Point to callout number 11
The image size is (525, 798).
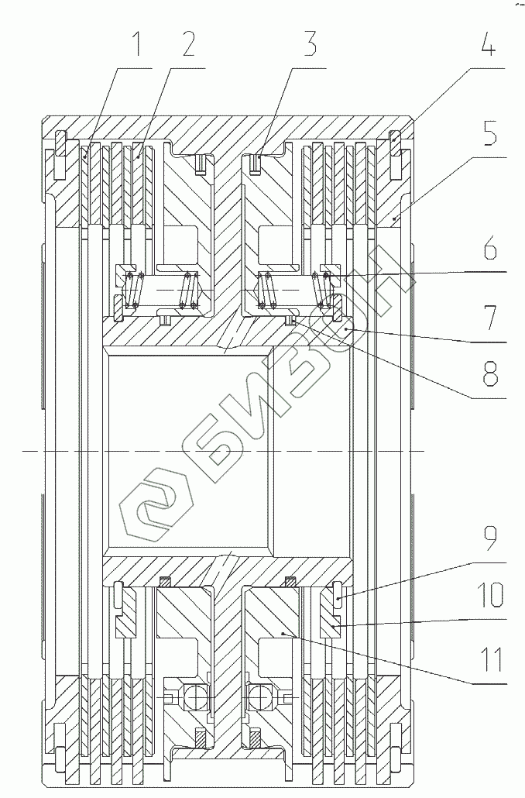click(x=488, y=659)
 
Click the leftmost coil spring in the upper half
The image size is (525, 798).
click(x=136, y=289)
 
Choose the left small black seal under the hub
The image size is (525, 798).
click(x=163, y=582)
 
